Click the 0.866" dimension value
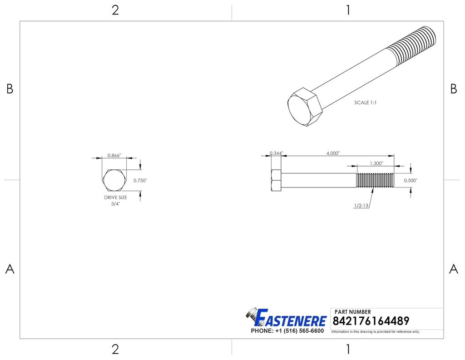point(114,155)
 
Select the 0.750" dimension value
point(140,180)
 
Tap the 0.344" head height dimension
point(276,153)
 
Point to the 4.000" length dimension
point(333,153)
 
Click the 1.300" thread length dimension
point(376,163)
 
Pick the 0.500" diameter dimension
point(411,180)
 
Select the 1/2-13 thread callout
point(361,205)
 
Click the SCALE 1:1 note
point(366,103)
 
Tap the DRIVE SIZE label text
point(115,197)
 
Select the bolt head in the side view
point(277,181)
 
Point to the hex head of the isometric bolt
point(304,107)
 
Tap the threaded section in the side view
point(375,180)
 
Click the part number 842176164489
point(371,321)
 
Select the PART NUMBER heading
point(353,312)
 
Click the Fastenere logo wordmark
point(291,318)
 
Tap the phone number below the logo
point(287,331)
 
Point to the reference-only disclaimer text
point(376,332)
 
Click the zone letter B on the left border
point(10,89)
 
